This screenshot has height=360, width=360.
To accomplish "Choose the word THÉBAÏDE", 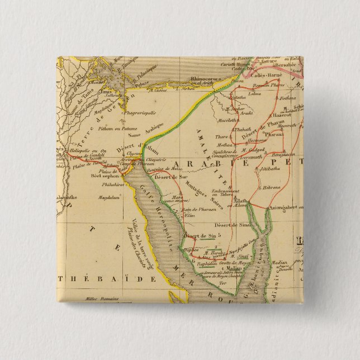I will coord(105,278).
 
